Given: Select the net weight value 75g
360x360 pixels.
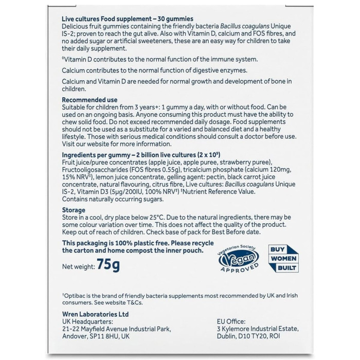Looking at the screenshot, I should pos(109,265).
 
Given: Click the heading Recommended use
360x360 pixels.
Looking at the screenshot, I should pos(89,100).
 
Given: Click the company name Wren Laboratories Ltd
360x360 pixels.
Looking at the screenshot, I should pos(95,314).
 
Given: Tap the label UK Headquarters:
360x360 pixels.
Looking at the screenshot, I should pos(87,321).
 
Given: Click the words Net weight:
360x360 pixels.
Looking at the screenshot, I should pos(78,266).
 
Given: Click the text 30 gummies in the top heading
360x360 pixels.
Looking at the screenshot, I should pos(173,19).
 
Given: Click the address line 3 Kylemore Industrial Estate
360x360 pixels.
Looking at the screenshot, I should pos(258,329).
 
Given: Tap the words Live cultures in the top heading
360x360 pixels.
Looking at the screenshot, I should pos(80,19).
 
